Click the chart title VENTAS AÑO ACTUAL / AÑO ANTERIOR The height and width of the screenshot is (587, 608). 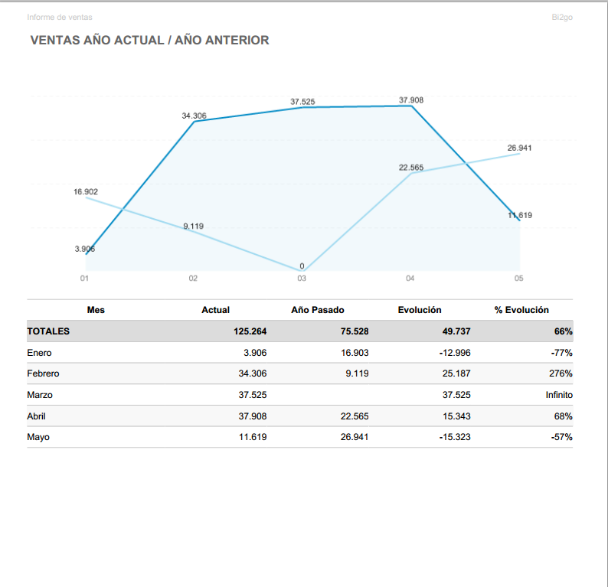[149, 41]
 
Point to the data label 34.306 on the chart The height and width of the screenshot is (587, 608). [194, 116]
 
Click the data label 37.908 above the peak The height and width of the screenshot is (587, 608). [411, 100]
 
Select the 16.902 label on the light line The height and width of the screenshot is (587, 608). [86, 191]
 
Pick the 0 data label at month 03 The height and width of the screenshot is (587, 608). [302, 266]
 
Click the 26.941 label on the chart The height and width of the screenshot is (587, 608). [519, 148]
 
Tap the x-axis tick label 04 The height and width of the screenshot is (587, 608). [410, 279]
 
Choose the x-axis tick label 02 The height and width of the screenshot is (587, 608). [193, 279]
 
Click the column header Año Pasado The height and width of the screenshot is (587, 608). [318, 310]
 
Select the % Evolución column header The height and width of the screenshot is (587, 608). [521, 310]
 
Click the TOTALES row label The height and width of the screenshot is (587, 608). [48, 331]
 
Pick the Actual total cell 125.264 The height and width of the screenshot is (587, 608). [250, 331]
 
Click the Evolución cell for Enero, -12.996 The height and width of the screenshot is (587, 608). [453, 353]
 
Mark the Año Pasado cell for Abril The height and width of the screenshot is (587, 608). [355, 416]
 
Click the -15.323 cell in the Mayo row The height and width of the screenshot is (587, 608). [453, 437]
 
